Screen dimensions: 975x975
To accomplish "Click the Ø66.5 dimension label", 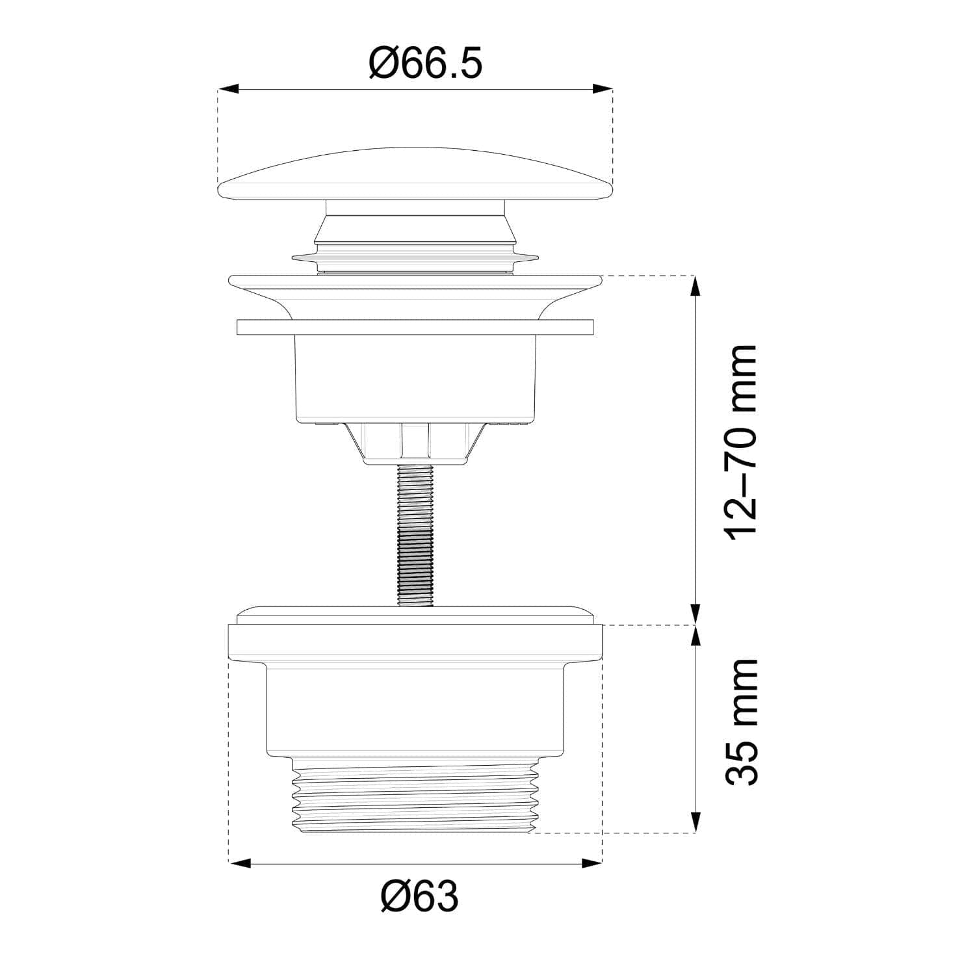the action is pos(426,64).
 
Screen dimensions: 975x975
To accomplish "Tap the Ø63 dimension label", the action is pos(420,897).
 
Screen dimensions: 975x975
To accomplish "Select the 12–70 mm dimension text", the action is pos(741,442).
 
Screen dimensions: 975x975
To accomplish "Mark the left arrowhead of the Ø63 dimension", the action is pos(240,863).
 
